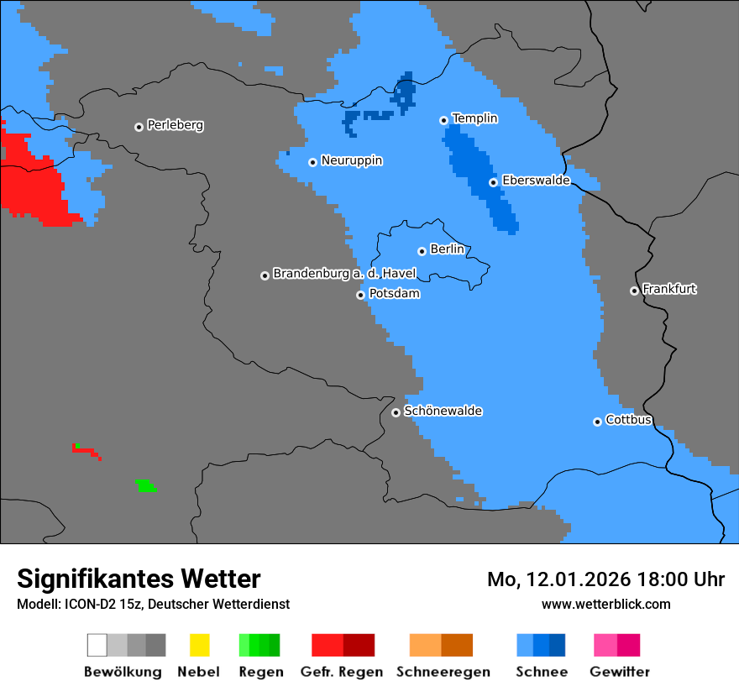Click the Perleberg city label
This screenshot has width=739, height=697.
click(175, 125)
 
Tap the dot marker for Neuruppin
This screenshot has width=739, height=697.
click(312, 162)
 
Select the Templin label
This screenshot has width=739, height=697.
click(474, 118)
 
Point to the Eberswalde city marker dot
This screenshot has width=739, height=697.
click(493, 182)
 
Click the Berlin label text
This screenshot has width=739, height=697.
click(447, 249)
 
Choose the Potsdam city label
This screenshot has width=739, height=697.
click(394, 294)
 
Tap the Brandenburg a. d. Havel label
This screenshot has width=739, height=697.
click(344, 274)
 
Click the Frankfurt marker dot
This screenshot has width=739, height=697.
click(634, 291)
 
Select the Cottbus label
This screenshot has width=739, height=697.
click(628, 420)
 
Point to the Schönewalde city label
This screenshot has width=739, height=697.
click(443, 411)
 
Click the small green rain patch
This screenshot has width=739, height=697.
click(146, 485)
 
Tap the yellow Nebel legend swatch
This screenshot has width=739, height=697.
click(199, 645)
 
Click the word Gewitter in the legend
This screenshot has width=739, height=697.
click(619, 672)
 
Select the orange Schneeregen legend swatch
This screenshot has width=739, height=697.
click(425, 645)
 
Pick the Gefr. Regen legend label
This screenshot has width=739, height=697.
click(342, 672)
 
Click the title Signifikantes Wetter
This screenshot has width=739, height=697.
click(139, 579)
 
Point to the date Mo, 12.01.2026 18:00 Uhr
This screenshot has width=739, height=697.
click(605, 579)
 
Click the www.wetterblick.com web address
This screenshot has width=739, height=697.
click(605, 604)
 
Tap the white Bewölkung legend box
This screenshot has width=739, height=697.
click(97, 645)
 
